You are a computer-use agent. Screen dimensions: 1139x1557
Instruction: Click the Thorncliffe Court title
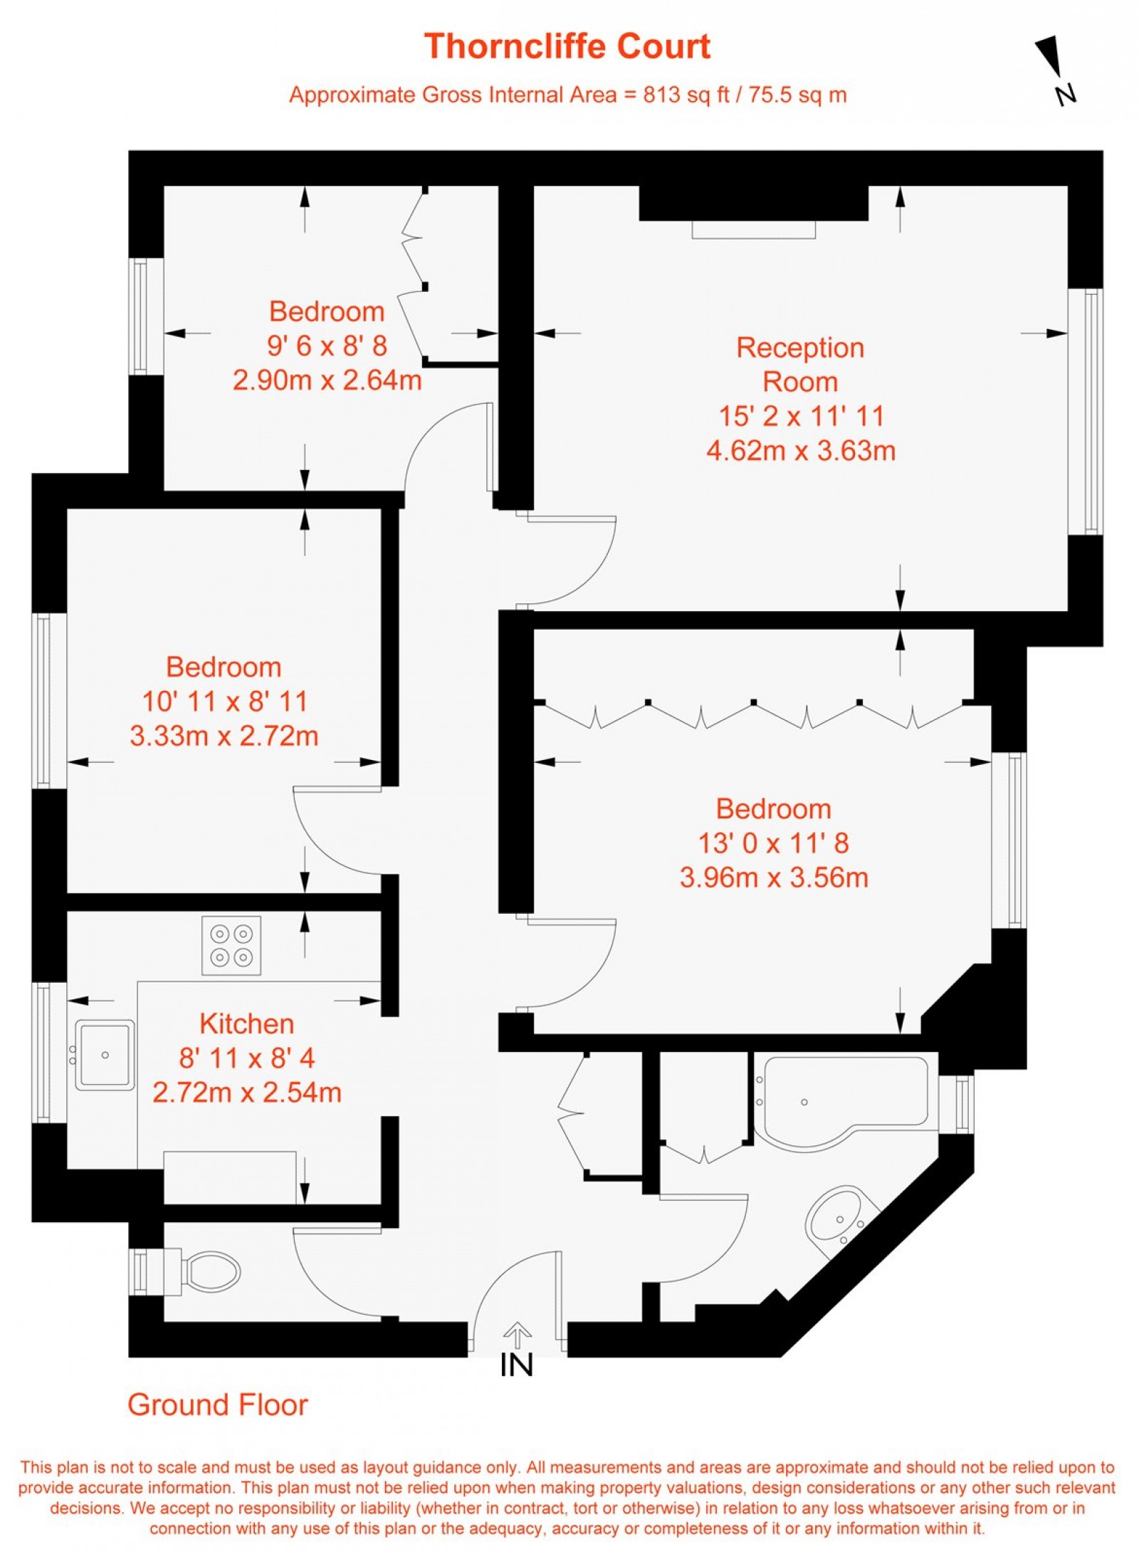point(567,46)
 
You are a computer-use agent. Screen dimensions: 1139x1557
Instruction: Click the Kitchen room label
point(246,1024)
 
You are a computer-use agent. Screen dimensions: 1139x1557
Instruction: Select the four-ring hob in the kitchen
point(231,945)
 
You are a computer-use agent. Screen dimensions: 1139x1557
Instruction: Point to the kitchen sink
point(105,1055)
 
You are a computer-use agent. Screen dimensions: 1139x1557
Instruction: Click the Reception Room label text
point(800,365)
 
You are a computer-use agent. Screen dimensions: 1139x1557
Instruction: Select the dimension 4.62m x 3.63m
point(801,451)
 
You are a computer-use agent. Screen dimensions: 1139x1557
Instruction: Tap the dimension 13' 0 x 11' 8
point(774,843)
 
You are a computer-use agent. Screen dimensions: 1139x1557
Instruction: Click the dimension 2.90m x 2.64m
point(327,380)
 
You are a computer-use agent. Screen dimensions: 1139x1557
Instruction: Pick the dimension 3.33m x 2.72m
point(224,736)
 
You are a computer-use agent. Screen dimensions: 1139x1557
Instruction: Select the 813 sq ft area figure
point(686,95)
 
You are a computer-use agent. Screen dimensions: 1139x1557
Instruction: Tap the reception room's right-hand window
point(1086,411)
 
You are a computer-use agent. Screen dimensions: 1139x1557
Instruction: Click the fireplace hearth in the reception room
point(754,229)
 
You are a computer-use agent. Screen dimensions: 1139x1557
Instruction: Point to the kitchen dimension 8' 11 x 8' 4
point(247,1058)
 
